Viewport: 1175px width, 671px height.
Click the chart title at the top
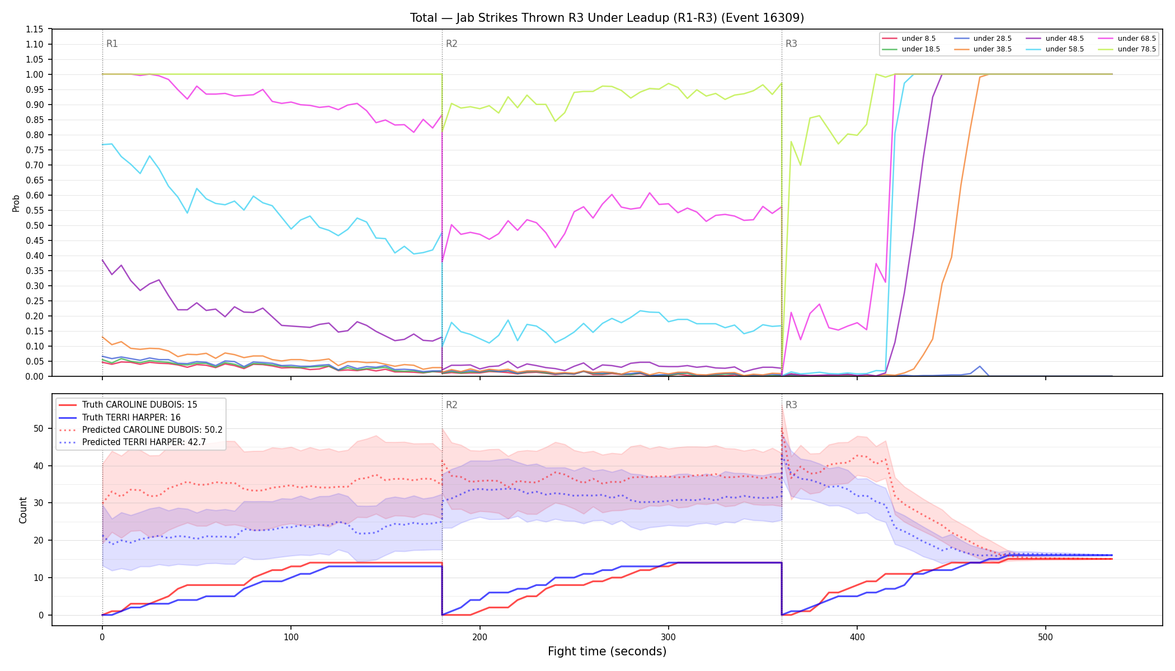[x=607, y=18]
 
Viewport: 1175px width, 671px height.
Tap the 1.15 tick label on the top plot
[x=35, y=29]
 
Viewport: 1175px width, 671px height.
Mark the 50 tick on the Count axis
[x=39, y=428]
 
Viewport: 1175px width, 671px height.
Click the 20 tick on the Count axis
[x=39, y=540]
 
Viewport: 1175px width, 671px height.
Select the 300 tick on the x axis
[x=668, y=637]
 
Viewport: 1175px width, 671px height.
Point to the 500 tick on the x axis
[x=1045, y=637]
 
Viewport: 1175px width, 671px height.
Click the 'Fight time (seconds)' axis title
[x=607, y=651]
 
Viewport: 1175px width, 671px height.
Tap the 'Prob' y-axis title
[x=16, y=203]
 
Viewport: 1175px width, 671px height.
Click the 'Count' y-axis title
[x=23, y=510]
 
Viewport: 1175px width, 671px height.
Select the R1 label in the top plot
[x=112, y=44]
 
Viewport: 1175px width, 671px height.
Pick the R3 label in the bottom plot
[x=791, y=405]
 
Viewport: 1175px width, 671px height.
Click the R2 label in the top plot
[x=452, y=44]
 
